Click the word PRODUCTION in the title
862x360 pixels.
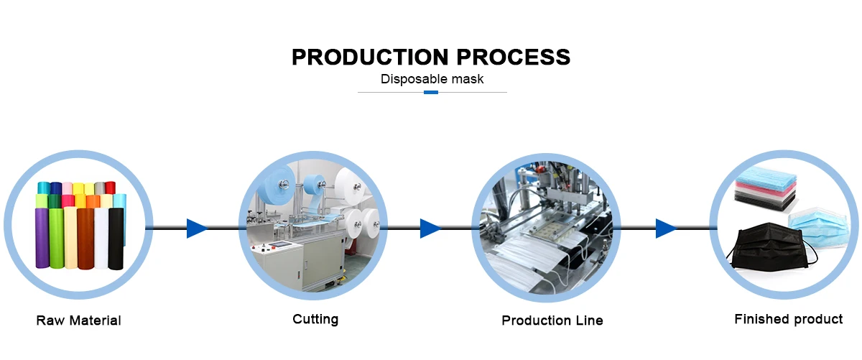(x=362, y=57)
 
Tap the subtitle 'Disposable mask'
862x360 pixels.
(x=432, y=79)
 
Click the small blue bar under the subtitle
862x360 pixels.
(x=431, y=92)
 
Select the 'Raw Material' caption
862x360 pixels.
(x=78, y=320)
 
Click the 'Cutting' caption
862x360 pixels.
(x=315, y=318)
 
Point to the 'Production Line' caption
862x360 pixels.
(x=552, y=320)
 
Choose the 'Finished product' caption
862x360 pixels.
(x=788, y=319)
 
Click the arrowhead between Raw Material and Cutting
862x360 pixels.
(x=196, y=229)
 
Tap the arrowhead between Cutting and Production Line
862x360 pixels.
(x=430, y=229)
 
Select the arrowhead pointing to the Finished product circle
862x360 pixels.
(x=665, y=229)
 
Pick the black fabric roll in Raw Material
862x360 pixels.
(x=114, y=237)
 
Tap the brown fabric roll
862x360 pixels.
(x=85, y=237)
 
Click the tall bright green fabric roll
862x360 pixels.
(x=56, y=237)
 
